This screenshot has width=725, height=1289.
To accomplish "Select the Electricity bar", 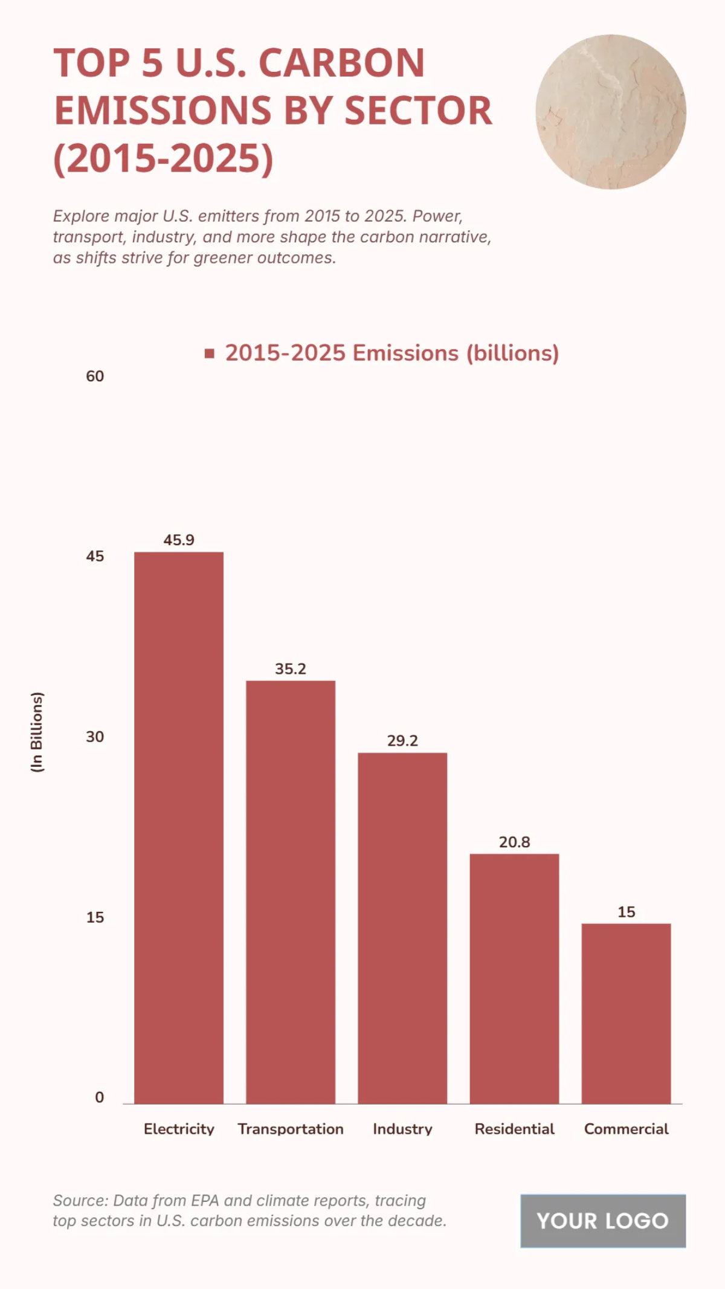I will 178,828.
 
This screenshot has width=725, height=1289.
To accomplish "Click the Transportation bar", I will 290,892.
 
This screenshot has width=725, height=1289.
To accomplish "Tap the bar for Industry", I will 402,928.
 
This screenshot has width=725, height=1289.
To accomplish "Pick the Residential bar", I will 514,978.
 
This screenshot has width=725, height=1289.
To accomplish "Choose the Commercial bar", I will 626,1013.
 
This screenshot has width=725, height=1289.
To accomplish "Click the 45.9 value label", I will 179,540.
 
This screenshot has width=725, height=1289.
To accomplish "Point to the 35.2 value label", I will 291,668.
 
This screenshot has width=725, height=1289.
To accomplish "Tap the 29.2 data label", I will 402,740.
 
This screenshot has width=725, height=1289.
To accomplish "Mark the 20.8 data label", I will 514,842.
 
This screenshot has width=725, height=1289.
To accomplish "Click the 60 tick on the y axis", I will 95,376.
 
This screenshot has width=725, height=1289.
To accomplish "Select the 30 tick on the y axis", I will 95,737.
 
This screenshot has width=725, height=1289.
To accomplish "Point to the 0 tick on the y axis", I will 100,1097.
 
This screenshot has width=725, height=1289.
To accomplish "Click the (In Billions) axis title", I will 37,732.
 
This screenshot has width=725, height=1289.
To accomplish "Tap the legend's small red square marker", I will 210,354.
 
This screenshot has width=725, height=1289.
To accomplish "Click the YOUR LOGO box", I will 603,1221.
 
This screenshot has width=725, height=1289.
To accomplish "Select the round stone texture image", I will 610,112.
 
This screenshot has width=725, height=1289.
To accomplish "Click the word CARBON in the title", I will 342,63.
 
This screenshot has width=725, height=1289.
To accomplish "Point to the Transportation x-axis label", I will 291,1129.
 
